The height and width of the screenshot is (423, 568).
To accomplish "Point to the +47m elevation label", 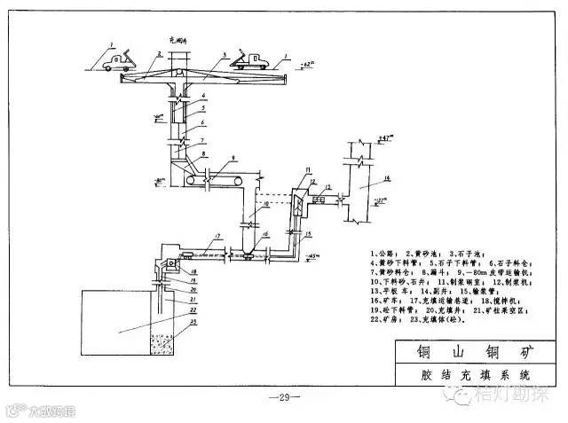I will tap(383, 139).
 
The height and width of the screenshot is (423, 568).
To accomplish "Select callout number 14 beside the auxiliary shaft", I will tap(387, 181).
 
